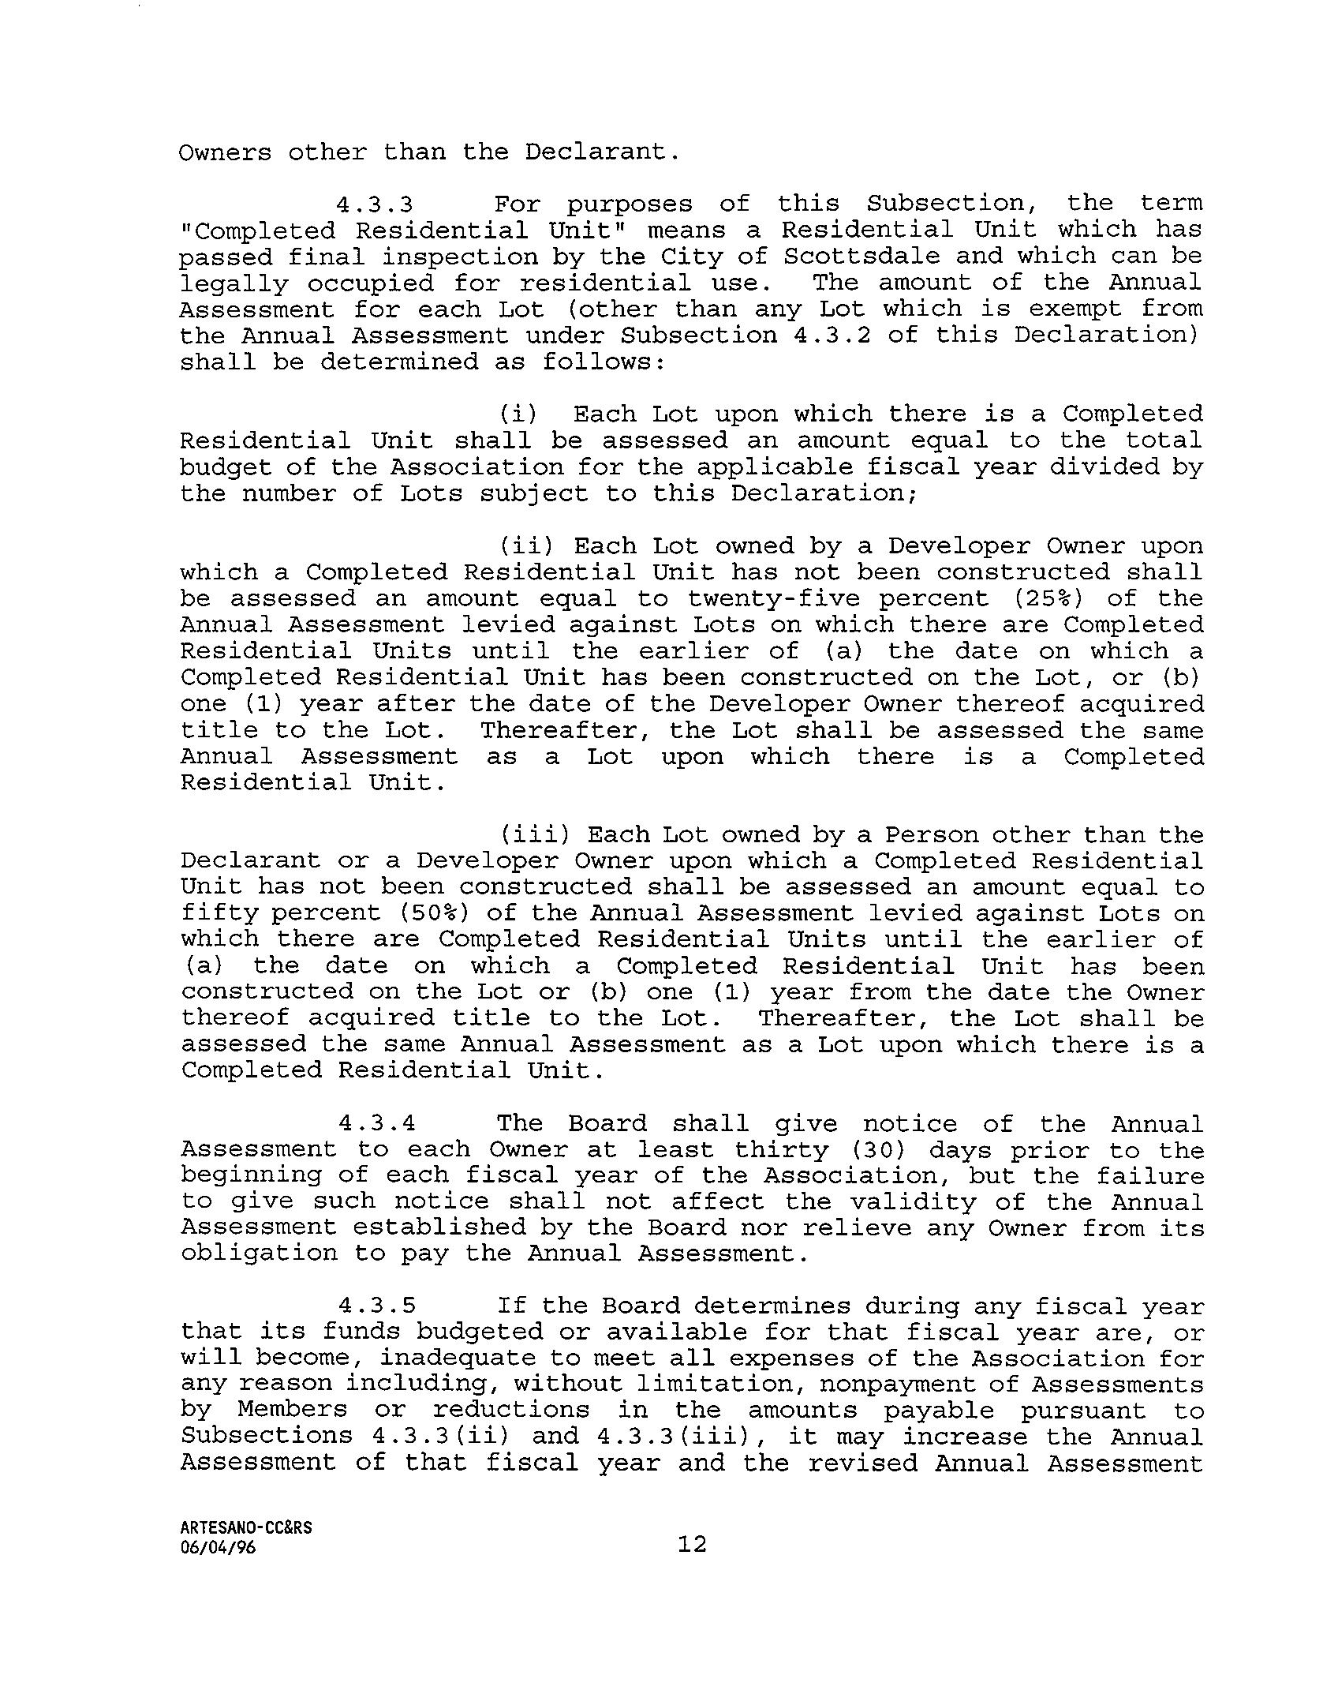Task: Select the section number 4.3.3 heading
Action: (375, 204)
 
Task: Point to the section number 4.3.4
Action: (376, 1124)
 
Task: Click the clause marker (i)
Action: (518, 414)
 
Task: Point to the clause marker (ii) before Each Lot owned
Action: (525, 546)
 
